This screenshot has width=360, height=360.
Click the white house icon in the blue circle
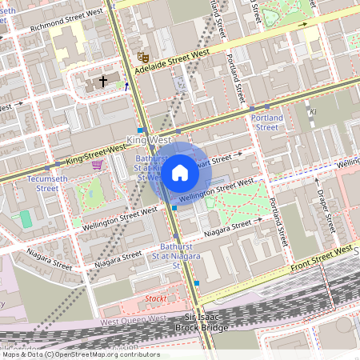(x=180, y=173)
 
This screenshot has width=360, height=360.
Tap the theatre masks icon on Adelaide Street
(x=143, y=57)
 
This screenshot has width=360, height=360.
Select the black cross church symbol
(x=102, y=82)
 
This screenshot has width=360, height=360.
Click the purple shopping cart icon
(x=98, y=165)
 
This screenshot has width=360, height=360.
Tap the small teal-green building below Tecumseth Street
(x=26, y=218)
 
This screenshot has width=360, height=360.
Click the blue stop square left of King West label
(x=140, y=130)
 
